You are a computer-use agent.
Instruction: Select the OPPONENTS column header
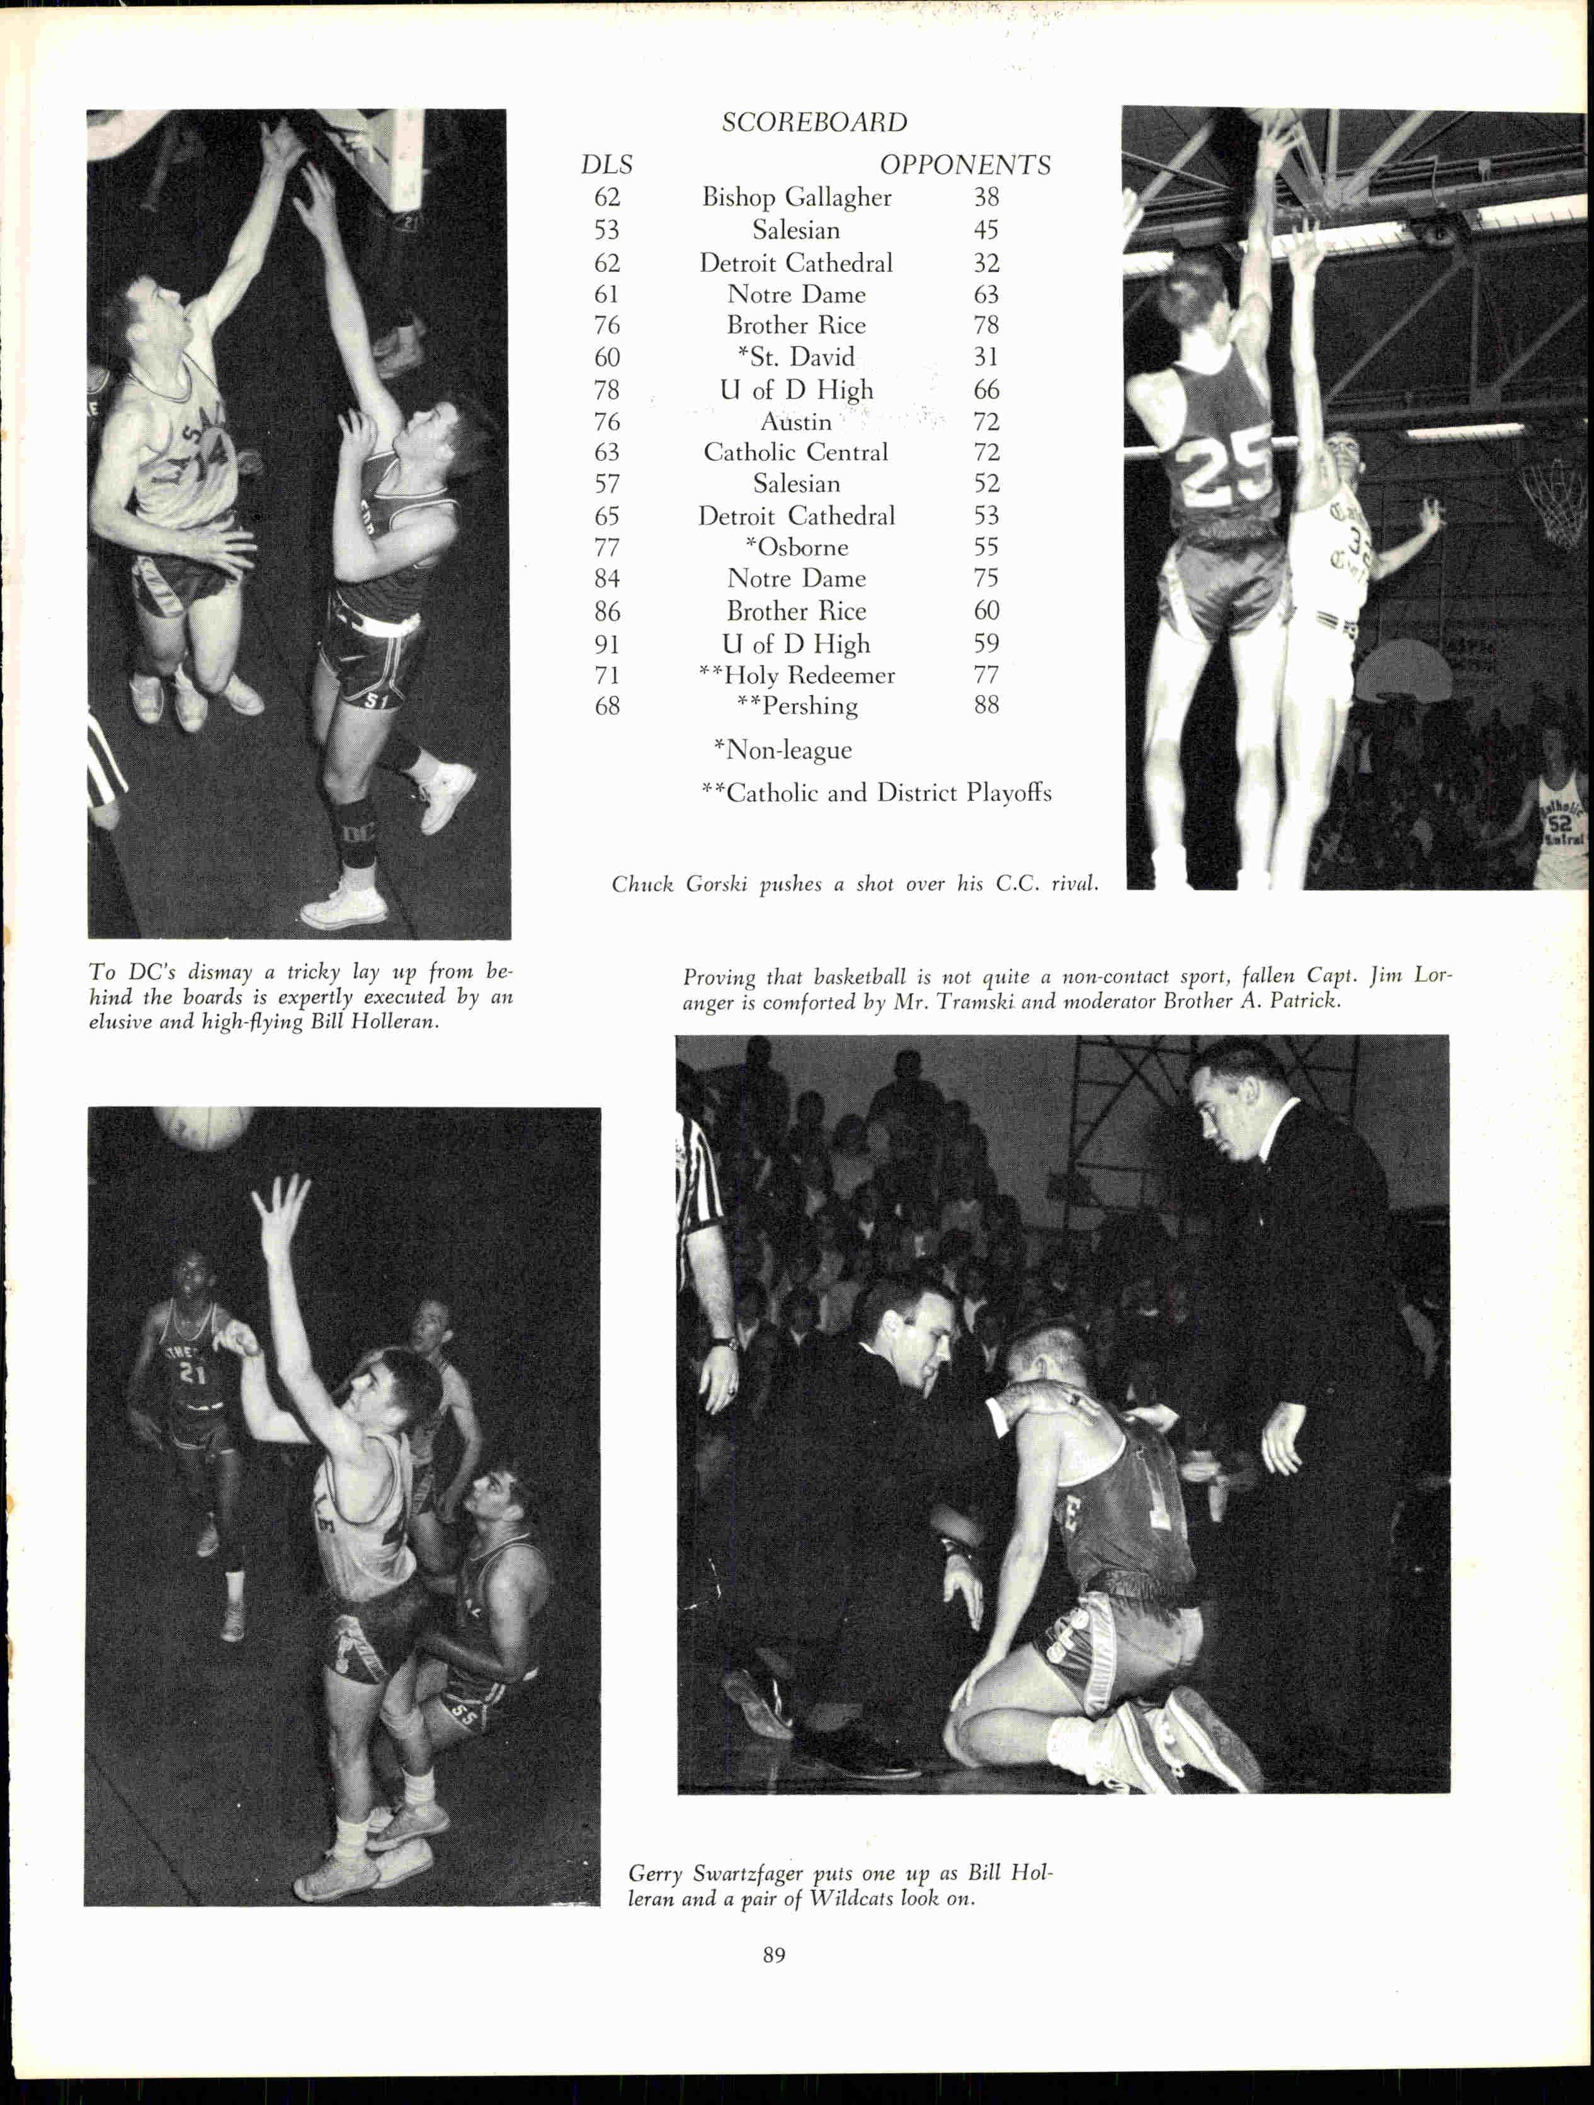point(965,166)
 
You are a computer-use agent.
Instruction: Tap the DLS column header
point(606,166)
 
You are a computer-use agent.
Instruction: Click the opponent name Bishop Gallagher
point(797,197)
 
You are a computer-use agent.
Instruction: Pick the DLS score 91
point(606,644)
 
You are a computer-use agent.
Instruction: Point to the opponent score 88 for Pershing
point(986,705)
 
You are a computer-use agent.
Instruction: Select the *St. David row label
point(797,357)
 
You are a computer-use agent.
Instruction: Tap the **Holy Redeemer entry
point(797,676)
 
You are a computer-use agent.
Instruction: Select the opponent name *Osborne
point(797,547)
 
